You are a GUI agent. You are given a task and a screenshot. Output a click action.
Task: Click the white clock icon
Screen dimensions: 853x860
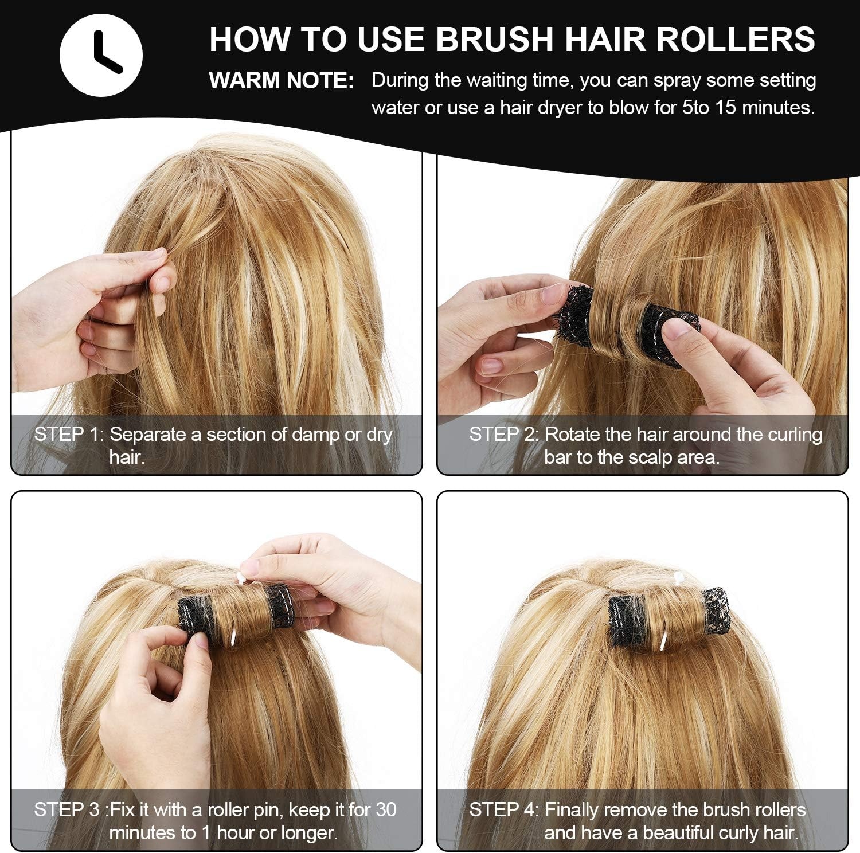tap(101, 55)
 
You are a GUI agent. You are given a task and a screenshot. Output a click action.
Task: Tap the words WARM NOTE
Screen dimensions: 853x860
tap(281, 81)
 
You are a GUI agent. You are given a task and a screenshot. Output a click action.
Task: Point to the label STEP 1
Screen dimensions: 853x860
tap(67, 435)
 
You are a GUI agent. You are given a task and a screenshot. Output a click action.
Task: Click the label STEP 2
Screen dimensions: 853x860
tap(502, 435)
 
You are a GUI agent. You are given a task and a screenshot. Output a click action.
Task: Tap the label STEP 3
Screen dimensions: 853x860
tap(67, 809)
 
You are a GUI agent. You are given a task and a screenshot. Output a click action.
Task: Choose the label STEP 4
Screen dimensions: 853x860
tap(502, 809)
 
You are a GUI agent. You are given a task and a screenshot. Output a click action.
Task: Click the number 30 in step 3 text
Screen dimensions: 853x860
tap(386, 809)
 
